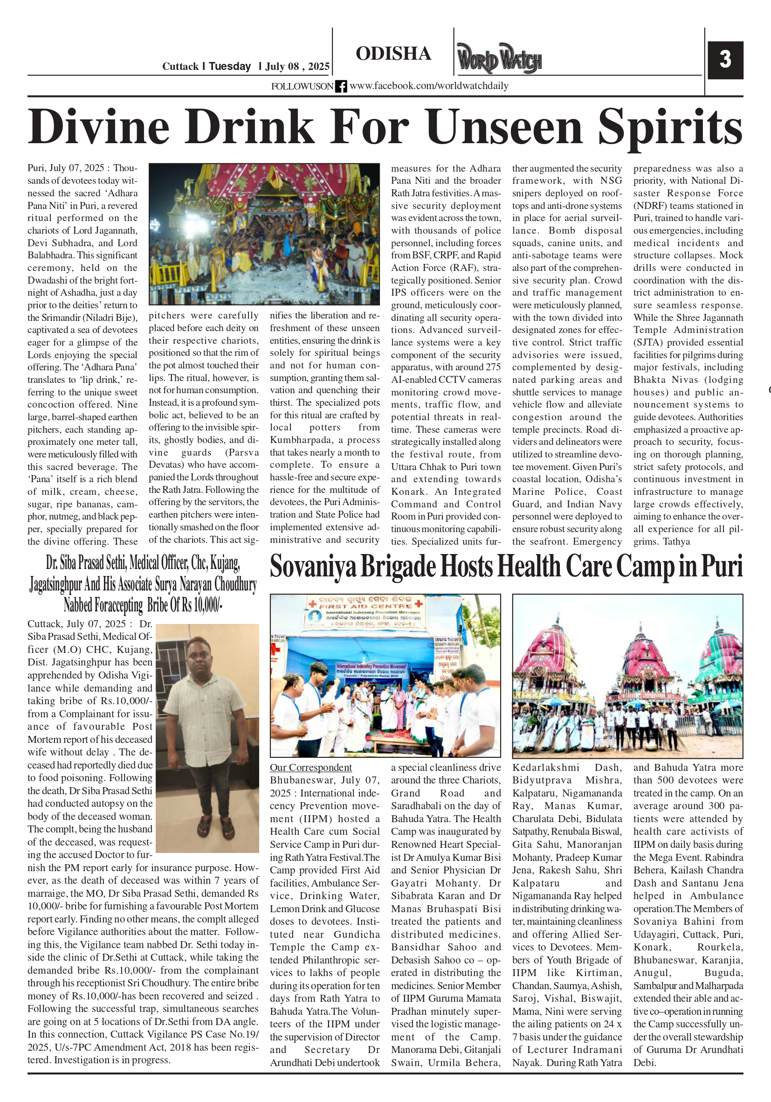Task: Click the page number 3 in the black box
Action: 725,60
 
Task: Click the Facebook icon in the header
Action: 341,86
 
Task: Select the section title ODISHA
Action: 393,54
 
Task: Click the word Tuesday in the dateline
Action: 230,66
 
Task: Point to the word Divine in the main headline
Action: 99,127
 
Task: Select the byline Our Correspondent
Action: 310,768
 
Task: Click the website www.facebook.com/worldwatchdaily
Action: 429,86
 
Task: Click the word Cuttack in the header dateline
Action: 180,66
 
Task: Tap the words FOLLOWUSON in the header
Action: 302,86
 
